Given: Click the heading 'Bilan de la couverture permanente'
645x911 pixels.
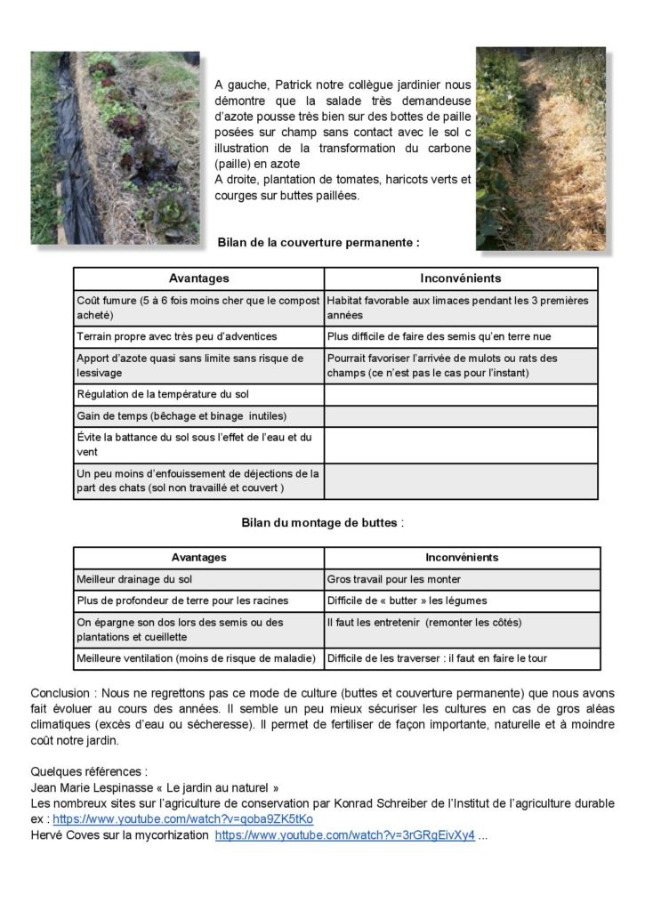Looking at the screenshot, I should [x=318, y=241].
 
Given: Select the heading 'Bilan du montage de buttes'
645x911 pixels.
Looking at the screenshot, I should [x=321, y=522].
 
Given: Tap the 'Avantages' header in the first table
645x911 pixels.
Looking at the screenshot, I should [x=198, y=278].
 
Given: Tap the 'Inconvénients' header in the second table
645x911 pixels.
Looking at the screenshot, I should [x=461, y=558].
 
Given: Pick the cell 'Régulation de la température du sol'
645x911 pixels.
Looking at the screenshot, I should [x=166, y=394].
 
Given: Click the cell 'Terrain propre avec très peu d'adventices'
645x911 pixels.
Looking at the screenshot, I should [x=177, y=336].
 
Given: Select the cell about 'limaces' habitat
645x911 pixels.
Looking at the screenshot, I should [x=457, y=308].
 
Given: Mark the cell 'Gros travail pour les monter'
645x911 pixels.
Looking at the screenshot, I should [x=393, y=579].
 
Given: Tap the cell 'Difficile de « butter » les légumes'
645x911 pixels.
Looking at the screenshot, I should [x=407, y=601].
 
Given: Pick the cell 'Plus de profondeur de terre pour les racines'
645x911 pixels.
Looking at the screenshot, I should [x=182, y=601].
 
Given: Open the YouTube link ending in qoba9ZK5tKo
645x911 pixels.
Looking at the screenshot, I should [x=182, y=819].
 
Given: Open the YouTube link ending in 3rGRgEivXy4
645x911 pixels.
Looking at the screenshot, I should [x=345, y=835].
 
